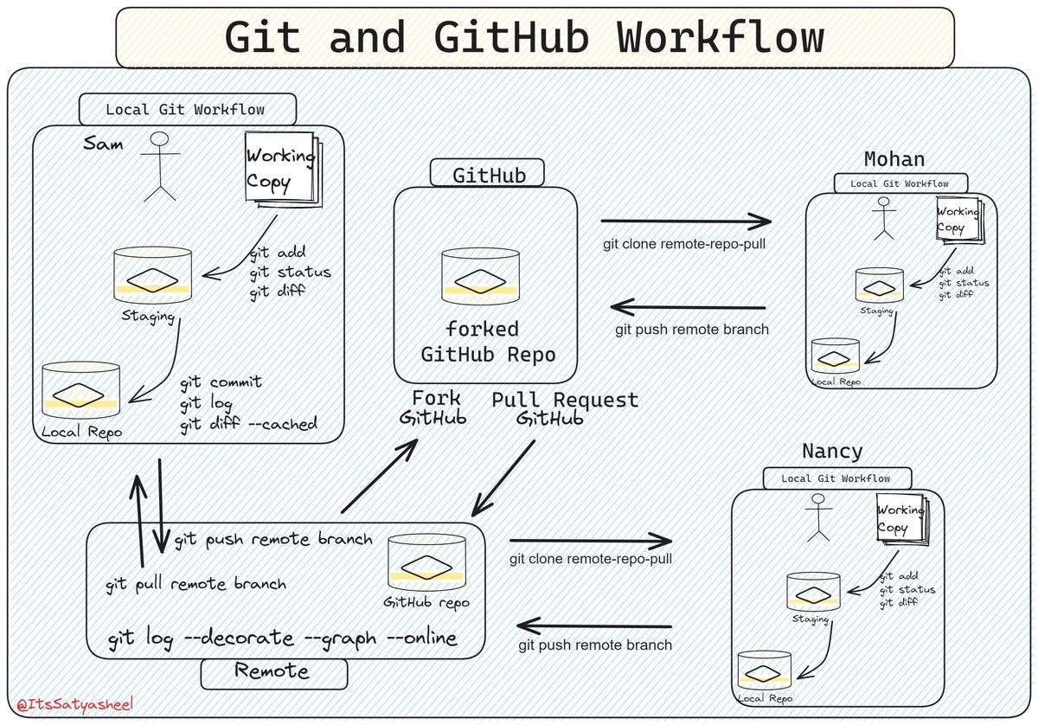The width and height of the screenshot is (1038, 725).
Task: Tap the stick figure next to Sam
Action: pyautogui.click(x=160, y=166)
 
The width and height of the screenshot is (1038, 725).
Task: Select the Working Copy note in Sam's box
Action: pyautogui.click(x=279, y=168)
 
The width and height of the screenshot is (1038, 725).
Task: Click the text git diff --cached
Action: pyautogui.click(x=248, y=424)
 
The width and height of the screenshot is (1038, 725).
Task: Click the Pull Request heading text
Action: pyautogui.click(x=565, y=401)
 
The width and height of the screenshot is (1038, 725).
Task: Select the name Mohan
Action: pyautogui.click(x=894, y=159)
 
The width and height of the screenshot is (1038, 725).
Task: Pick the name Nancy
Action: pyautogui.click(x=832, y=451)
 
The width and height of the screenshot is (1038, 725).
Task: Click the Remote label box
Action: pyautogui.click(x=273, y=671)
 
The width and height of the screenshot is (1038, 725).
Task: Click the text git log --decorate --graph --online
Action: pyautogui.click(x=283, y=639)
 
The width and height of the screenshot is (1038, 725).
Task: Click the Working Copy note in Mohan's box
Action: pyautogui.click(x=958, y=219)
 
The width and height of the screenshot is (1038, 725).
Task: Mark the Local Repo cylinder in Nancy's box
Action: pyautogui.click(x=764, y=671)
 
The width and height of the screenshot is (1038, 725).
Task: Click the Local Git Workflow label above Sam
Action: pyautogui.click(x=186, y=110)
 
